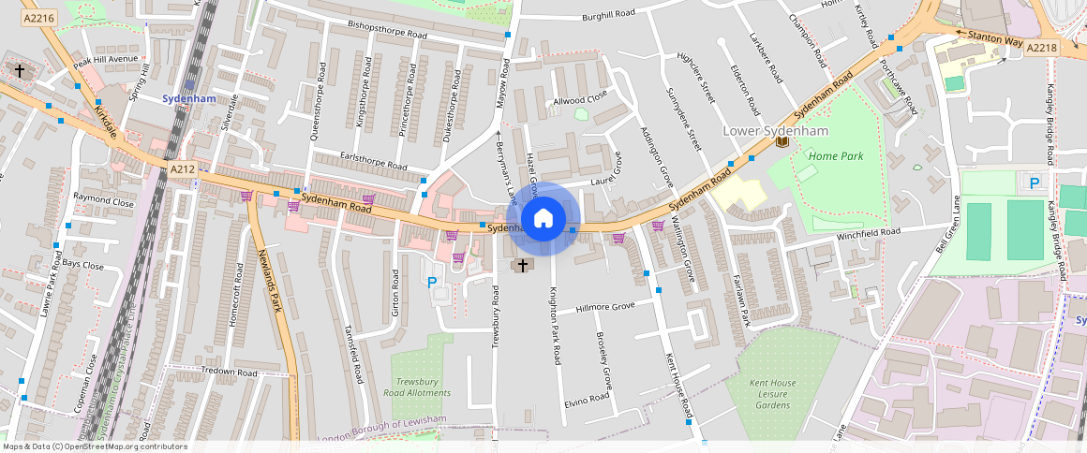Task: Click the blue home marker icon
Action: [543, 219]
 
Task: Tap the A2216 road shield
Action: [39, 18]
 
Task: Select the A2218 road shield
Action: [1041, 48]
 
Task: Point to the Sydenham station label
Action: [188, 98]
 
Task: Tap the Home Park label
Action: [835, 156]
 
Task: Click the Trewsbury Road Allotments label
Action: [423, 387]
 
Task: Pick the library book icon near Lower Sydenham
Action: [782, 142]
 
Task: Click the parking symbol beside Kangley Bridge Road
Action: [1035, 183]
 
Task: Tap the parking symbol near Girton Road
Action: [432, 282]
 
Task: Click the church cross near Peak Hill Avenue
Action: [20, 70]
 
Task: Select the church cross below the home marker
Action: [522, 267]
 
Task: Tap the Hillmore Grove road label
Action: [605, 307]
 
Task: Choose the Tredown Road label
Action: [229, 373]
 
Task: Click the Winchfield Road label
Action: [868, 232]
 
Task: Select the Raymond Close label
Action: [104, 201]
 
